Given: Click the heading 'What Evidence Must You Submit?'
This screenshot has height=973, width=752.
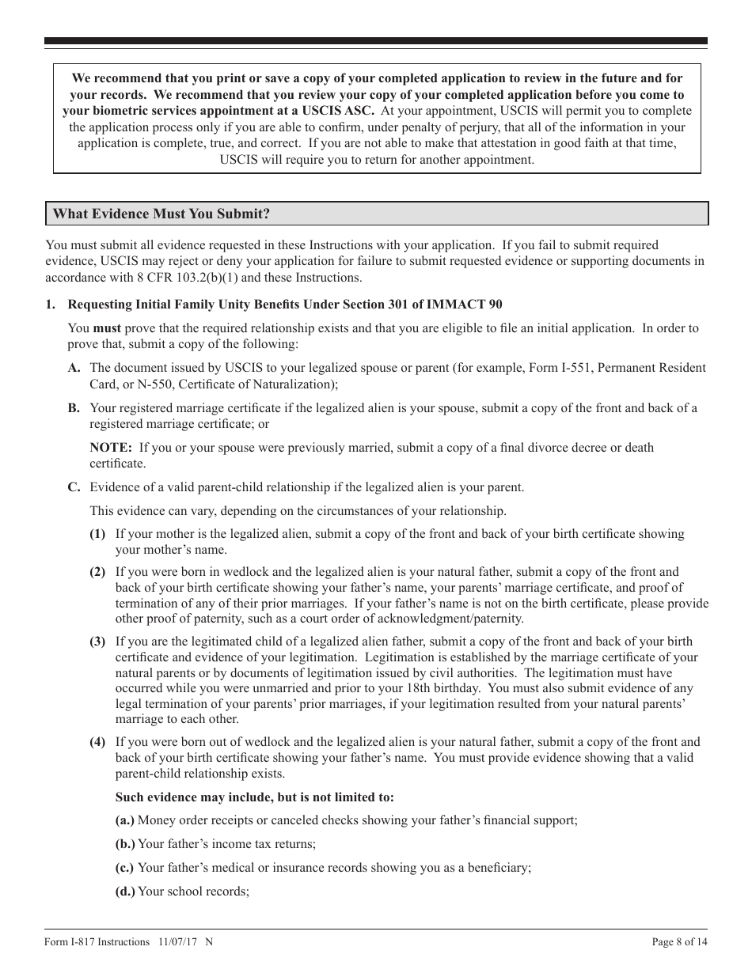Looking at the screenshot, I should (161, 214).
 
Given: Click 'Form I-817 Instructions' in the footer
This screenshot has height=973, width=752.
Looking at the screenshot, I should (97, 941).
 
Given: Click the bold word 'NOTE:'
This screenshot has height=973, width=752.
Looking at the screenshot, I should (110, 448).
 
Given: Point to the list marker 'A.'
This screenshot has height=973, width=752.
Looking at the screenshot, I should (74, 368).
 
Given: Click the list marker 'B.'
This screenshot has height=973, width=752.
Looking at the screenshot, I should (74, 408).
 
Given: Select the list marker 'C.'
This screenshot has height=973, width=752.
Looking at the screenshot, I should (74, 487).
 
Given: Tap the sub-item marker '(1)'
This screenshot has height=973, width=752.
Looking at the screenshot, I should (97, 535).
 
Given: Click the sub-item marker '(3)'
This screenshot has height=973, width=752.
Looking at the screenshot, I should (97, 642).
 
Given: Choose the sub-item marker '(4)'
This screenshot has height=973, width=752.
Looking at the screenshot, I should (97, 742).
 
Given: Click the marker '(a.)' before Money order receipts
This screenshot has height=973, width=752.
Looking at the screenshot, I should (125, 820).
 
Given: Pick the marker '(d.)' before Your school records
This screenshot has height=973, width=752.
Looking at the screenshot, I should (125, 892).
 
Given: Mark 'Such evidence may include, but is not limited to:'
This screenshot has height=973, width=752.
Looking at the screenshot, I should (254, 797).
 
